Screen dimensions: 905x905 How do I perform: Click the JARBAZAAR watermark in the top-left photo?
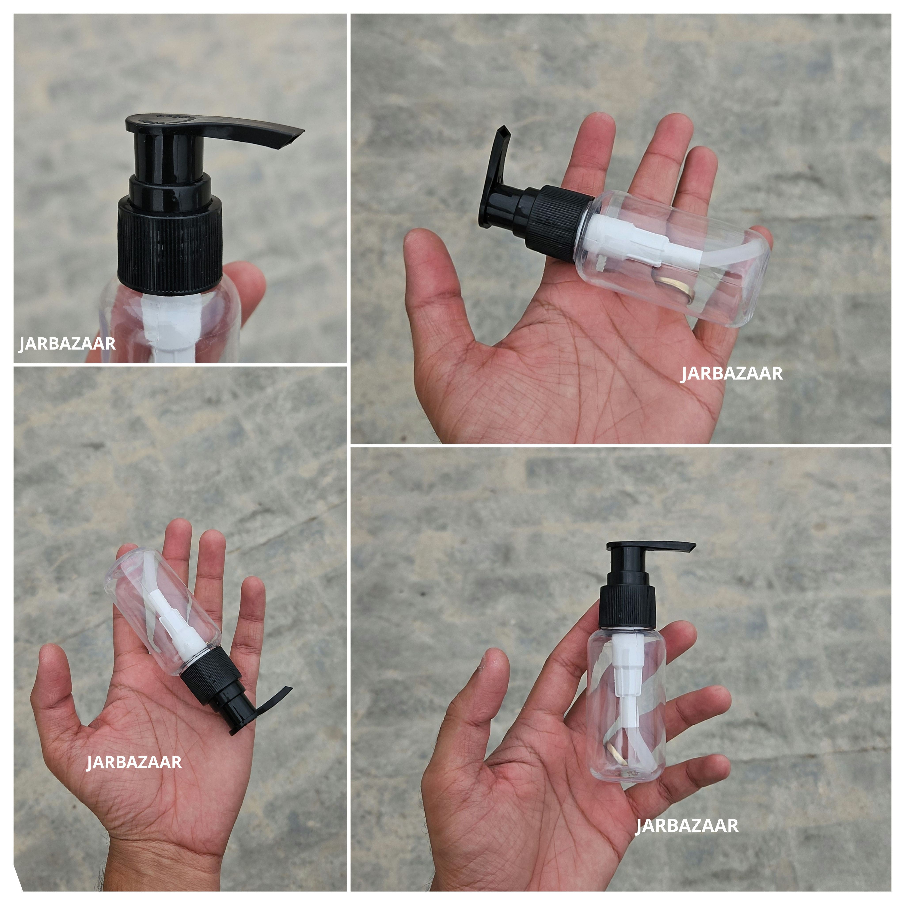tap(67, 344)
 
